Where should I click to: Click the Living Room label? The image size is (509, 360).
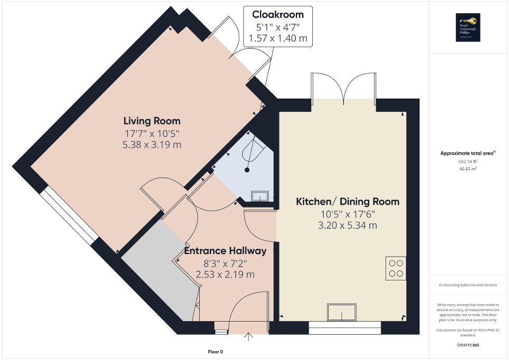[152, 121]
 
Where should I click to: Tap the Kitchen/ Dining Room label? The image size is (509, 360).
[347, 201]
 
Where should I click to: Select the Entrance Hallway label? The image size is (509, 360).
[225, 251]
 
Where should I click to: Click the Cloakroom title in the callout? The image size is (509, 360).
[277, 14]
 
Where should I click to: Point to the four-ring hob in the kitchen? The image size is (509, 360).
[396, 268]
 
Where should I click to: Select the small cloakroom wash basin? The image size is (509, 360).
[261, 196]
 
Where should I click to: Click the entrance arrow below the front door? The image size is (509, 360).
[248, 336]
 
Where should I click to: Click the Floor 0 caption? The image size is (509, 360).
[215, 352]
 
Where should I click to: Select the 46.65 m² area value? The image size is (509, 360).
[468, 169]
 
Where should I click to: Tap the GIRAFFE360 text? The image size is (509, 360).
[468, 345]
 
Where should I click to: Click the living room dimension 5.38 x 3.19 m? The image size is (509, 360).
[152, 144]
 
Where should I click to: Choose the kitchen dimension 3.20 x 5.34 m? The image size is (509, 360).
[347, 226]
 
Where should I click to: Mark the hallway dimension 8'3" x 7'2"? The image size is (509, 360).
[225, 263]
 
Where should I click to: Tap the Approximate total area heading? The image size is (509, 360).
[468, 153]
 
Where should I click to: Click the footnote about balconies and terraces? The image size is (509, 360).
[468, 285]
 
